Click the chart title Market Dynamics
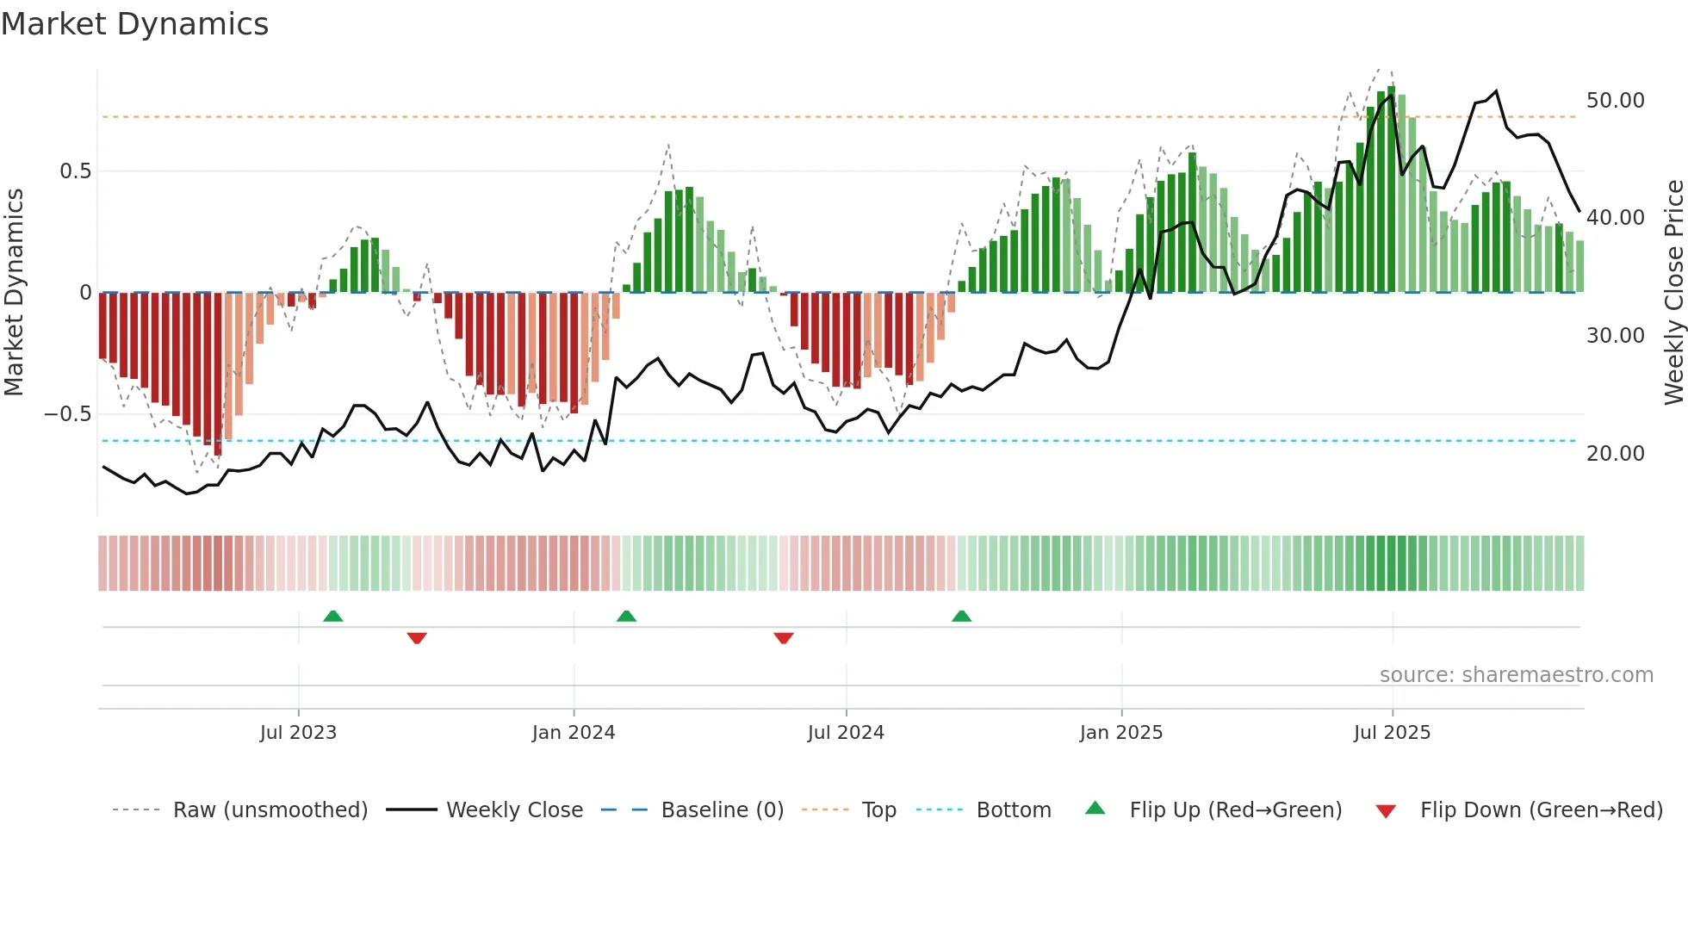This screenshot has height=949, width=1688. click(134, 24)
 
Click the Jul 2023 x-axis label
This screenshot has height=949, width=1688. click(298, 733)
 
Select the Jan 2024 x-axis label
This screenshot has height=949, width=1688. click(574, 733)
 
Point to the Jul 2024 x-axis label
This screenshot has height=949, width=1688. click(846, 733)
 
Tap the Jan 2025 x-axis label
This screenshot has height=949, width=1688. click(1121, 733)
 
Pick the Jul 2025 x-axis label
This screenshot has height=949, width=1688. click(1392, 733)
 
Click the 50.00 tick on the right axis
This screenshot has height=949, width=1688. click(1615, 101)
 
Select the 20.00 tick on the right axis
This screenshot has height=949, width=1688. click(1615, 454)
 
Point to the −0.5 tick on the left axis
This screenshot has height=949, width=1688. click(67, 414)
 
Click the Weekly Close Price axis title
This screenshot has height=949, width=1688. click(1673, 293)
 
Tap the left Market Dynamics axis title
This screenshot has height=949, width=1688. click(14, 293)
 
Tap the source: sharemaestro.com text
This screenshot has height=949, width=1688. click(1516, 675)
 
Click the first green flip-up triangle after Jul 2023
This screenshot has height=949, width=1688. click(332, 617)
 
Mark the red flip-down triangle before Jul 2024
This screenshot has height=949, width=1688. click(783, 638)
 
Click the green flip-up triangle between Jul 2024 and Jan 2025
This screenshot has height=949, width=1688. click(961, 617)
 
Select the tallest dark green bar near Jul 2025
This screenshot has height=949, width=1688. click(1391, 189)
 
